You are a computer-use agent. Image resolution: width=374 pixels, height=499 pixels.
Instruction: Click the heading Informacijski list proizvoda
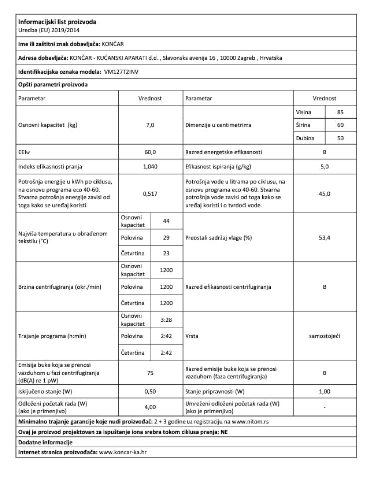(x=51, y=21)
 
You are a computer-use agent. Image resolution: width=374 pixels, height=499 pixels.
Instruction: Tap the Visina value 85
(x=340, y=112)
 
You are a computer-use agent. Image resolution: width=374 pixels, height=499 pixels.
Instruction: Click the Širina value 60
(x=340, y=125)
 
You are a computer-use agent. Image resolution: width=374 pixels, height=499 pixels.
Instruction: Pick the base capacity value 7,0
(x=150, y=125)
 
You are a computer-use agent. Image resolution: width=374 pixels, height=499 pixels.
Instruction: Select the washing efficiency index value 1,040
(x=150, y=163)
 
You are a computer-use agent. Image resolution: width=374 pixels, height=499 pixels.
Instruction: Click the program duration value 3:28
(x=166, y=319)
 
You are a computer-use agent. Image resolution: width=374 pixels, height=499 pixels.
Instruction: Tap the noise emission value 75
(x=150, y=371)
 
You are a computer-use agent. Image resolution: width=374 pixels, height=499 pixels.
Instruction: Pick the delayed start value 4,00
(x=150, y=407)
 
